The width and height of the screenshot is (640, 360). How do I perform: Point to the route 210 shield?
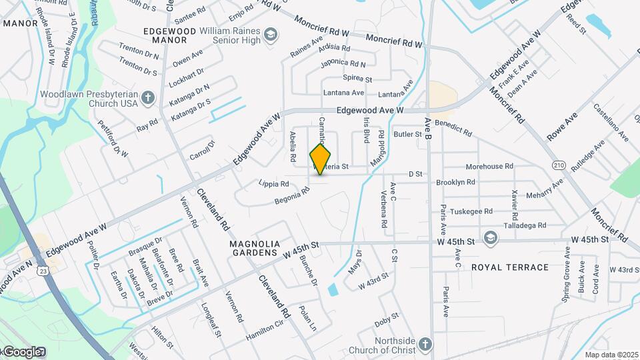559,164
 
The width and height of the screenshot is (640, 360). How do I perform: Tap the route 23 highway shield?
43,271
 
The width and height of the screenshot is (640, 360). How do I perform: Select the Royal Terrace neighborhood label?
509,267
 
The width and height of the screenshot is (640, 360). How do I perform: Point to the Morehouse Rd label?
489,166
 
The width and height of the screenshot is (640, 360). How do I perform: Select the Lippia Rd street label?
273,183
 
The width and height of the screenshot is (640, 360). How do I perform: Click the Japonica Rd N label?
343,64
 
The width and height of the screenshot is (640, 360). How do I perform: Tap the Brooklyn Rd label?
455,181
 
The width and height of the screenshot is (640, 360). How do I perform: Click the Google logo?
22,351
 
